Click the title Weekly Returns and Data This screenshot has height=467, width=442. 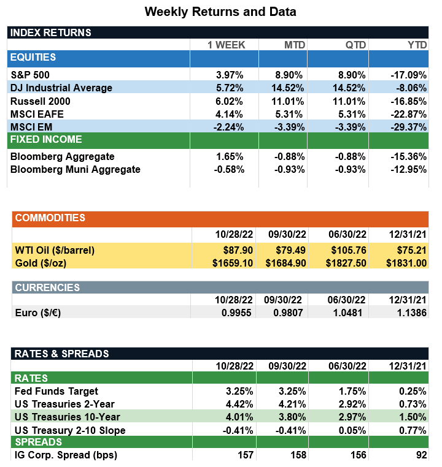220,12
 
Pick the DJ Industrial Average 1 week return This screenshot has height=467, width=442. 230,88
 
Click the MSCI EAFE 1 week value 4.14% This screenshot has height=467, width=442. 230,114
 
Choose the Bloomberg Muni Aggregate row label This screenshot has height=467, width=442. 76,169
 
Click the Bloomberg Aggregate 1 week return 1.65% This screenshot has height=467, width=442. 230,156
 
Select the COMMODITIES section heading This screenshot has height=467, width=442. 50,218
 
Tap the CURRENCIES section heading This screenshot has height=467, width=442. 47,287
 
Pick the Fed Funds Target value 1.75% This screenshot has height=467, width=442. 352,391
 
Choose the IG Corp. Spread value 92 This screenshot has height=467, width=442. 420,455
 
